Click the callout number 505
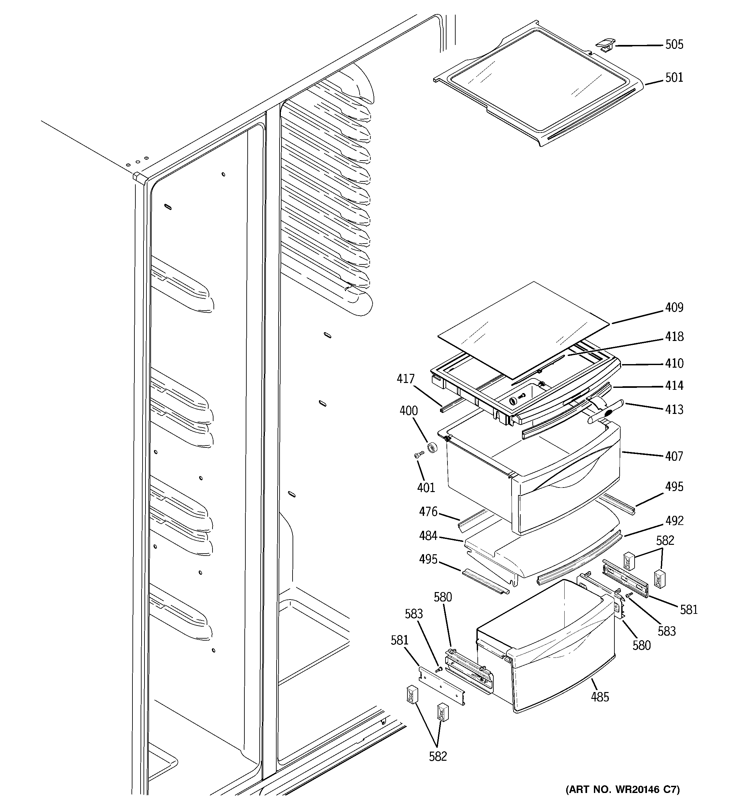pyautogui.click(x=674, y=45)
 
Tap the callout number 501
pyautogui.click(x=674, y=78)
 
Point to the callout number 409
pyautogui.click(x=674, y=308)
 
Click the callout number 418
pyautogui.click(x=674, y=336)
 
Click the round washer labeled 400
pyautogui.click(x=433, y=447)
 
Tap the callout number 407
pyautogui.click(x=674, y=457)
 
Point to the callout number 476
pyautogui.click(x=428, y=512)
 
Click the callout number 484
pyautogui.click(x=428, y=536)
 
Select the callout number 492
pyautogui.click(x=674, y=521)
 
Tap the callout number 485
pyautogui.click(x=600, y=697)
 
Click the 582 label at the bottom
pyautogui.click(x=438, y=756)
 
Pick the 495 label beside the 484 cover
pyautogui.click(x=428, y=559)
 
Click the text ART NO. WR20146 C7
pyautogui.click(x=623, y=789)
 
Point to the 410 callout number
pyautogui.click(x=674, y=363)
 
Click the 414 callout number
pyautogui.click(x=674, y=386)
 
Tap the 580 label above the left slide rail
pyautogui.click(x=443, y=597)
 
